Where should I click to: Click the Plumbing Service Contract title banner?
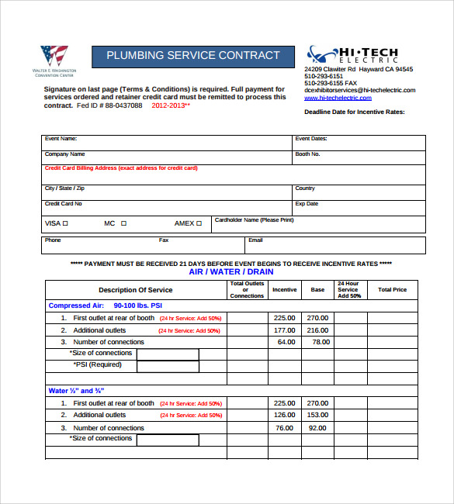pos(193,56)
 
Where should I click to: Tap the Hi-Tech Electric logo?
pos(352,55)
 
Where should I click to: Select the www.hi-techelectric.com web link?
pos(338,98)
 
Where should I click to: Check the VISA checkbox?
pos(65,223)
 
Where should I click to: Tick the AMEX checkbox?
pos(199,223)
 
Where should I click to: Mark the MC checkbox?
pos(123,223)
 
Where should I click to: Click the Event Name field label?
pos(61,139)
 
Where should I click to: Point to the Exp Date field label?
pos(307,204)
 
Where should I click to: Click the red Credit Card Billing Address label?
pos(121,168)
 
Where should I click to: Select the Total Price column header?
pos(392,290)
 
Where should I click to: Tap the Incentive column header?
pos(285,290)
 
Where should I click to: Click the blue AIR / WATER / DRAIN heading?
pos(231,272)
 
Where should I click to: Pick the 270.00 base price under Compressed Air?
pos(317,318)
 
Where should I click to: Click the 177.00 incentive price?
pos(285,330)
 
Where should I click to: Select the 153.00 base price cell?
pos(317,415)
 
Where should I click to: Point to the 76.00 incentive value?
pos(285,427)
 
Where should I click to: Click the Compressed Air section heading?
pos(99,306)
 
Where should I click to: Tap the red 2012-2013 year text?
pos(171,105)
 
